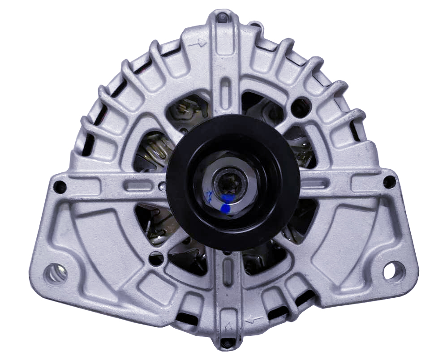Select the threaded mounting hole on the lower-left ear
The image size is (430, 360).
pyautogui.click(x=55, y=273)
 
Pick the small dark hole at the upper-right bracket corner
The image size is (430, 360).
pyautogui.click(x=389, y=182)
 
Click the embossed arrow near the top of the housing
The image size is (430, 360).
pyautogui.click(x=198, y=43)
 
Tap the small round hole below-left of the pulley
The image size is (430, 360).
pyautogui.click(x=156, y=258)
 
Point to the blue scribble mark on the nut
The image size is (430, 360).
pyautogui.click(x=208, y=195)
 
